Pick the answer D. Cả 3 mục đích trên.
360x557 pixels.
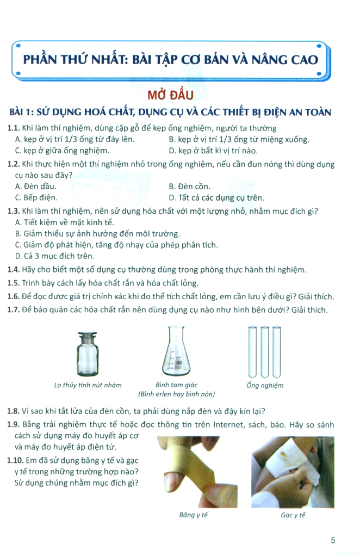[54, 256]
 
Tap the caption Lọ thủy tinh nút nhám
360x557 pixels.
[88, 385]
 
